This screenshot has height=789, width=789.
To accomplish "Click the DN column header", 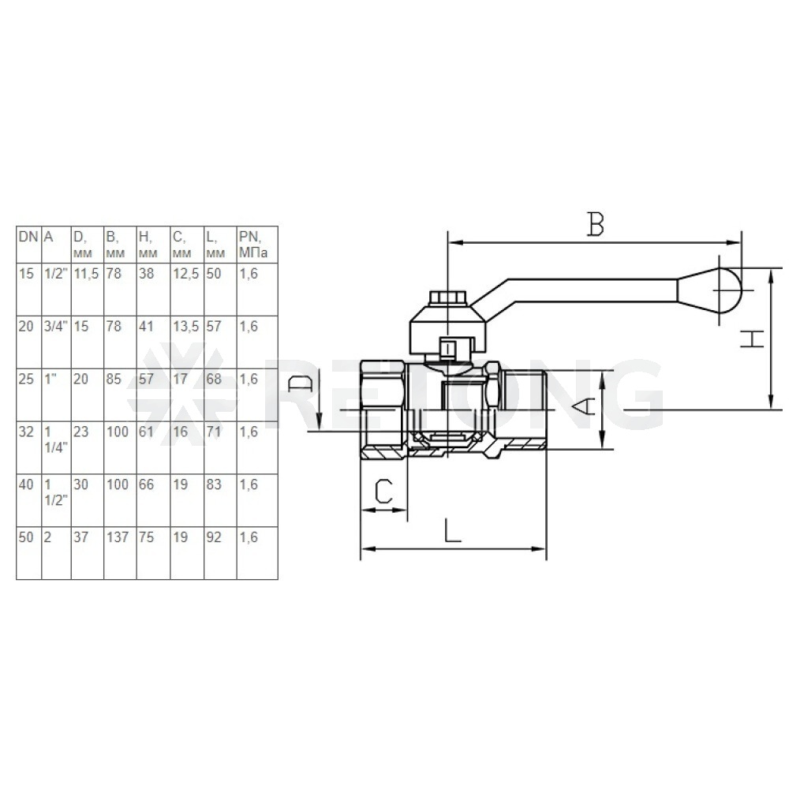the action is coord(28,237).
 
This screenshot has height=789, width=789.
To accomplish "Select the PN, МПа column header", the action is coord(253,245).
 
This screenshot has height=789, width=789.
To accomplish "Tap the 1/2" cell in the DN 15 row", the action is coord(56,274).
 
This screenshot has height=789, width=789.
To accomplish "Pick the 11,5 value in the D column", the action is coord(87,274).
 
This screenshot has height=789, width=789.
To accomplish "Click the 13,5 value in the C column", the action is coord(186,327).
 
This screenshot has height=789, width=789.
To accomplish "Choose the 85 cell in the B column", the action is coord(114,379).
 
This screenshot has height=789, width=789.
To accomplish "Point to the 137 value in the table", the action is coord(118,537).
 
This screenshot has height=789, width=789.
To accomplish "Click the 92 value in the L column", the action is coord(214,537).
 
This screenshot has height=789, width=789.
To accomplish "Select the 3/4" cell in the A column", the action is coord(56,327).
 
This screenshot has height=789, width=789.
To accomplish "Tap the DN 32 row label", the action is coord(26,432).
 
